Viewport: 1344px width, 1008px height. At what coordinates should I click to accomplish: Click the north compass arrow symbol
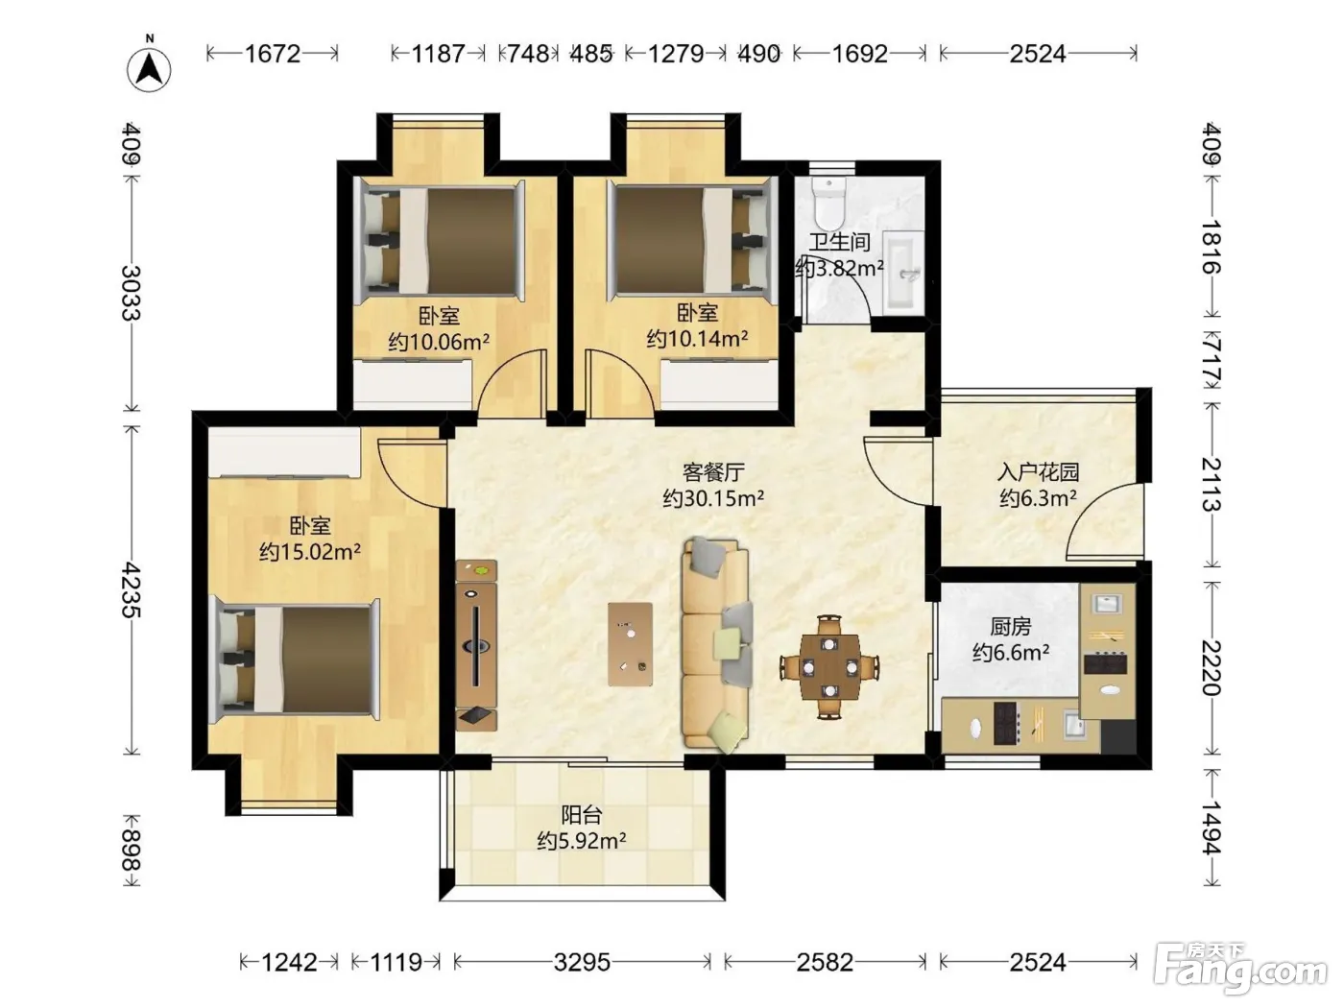(149, 67)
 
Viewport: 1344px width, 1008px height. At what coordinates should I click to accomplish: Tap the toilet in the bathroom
(829, 202)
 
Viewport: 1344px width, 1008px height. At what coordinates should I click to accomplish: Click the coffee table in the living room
(630, 644)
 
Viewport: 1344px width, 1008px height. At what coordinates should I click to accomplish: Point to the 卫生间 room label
(839, 242)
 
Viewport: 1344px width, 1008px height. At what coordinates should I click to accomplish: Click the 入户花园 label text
(1038, 472)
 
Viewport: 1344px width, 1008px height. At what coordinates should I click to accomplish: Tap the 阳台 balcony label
(582, 815)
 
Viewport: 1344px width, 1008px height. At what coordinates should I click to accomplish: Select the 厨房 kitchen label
(1010, 626)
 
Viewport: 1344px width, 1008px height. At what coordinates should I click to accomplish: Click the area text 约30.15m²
(713, 499)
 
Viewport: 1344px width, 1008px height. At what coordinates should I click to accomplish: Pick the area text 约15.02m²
(310, 552)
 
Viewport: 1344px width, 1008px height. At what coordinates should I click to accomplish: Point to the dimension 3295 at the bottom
(582, 963)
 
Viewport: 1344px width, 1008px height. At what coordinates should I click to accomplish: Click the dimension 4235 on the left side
(131, 590)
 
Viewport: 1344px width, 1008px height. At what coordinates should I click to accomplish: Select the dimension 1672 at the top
(273, 54)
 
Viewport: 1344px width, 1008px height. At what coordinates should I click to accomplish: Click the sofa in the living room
(716, 646)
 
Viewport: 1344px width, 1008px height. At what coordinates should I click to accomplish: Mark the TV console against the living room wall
(476, 645)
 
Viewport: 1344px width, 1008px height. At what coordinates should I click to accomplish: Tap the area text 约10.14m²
(697, 339)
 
